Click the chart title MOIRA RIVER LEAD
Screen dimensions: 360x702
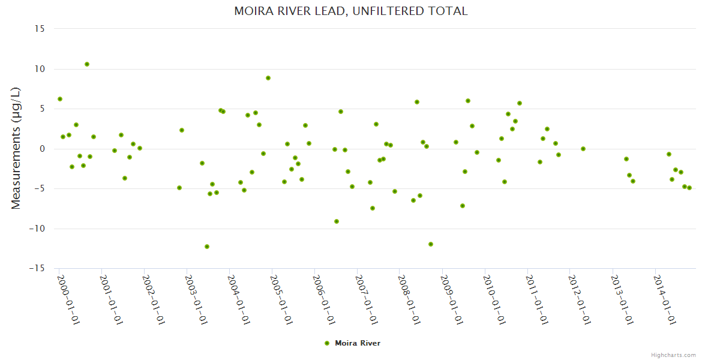(x=350, y=11)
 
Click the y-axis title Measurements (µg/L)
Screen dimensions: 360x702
(x=16, y=148)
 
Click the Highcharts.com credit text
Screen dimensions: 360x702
(x=673, y=355)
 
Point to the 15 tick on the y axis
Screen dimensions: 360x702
(x=41, y=29)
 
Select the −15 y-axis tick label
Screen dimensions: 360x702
(x=38, y=268)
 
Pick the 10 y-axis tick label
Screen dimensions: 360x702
(x=41, y=69)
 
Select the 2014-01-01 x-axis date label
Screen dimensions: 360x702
(x=665, y=299)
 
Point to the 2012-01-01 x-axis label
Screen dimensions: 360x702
(x=580, y=299)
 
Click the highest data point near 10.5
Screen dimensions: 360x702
(x=87, y=64)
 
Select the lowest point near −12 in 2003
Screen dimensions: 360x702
(x=207, y=247)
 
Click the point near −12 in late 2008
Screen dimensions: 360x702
(x=431, y=244)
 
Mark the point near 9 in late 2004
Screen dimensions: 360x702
(x=268, y=78)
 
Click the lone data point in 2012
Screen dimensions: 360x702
(x=583, y=149)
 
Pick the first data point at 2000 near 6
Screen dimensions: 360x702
(x=60, y=99)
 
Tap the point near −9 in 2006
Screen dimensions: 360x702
(x=337, y=221)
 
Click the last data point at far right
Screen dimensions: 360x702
(x=689, y=188)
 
